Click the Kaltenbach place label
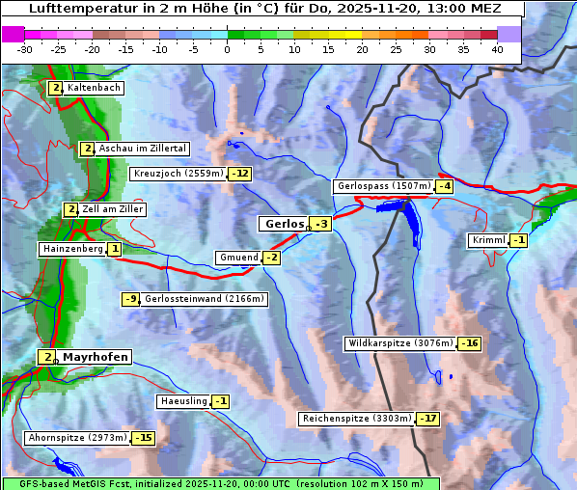(x=94, y=88)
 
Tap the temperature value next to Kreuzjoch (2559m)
(x=239, y=175)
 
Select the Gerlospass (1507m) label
(x=383, y=186)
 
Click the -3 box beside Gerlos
(x=321, y=225)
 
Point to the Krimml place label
(x=488, y=240)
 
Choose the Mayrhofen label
(x=95, y=357)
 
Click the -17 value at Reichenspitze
(x=427, y=420)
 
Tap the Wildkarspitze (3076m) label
(x=400, y=343)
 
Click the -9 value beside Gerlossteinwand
(x=131, y=299)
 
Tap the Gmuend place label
(x=238, y=258)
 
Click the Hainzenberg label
(x=71, y=249)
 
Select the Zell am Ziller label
(x=113, y=209)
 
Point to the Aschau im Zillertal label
(x=142, y=149)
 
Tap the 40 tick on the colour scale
(x=497, y=48)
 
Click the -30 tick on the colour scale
(x=25, y=48)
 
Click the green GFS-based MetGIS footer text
(x=220, y=483)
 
